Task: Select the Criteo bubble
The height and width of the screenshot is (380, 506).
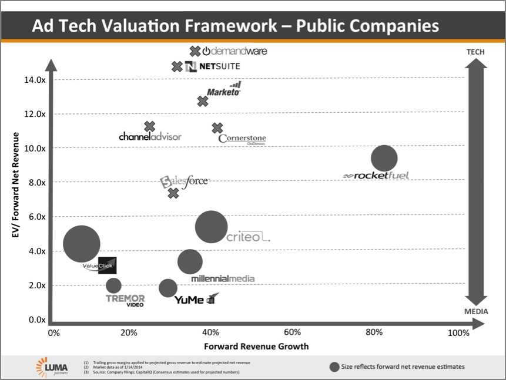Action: click(211, 227)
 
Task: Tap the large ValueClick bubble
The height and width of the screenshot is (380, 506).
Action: click(81, 244)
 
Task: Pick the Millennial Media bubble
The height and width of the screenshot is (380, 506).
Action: click(189, 262)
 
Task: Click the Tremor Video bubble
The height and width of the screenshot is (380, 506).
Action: click(113, 285)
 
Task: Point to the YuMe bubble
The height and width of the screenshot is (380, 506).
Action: click(168, 288)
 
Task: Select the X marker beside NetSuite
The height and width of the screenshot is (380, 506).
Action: click(177, 66)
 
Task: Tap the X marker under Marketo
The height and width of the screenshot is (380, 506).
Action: click(203, 102)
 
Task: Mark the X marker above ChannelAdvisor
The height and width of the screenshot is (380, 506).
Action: click(149, 126)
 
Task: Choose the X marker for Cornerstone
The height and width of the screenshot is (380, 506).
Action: click(217, 127)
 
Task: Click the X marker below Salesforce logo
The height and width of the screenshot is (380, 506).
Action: click(173, 193)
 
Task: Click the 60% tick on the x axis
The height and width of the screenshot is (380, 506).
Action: click(292, 333)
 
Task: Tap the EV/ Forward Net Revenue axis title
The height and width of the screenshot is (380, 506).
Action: click(16, 186)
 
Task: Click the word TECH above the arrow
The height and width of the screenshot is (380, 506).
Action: click(475, 52)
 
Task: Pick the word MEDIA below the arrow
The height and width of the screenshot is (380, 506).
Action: click(476, 311)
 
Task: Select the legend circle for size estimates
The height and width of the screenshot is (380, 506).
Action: click(334, 366)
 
